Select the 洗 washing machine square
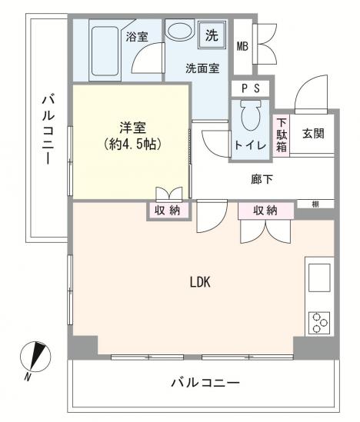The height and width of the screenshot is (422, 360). click(x=211, y=35)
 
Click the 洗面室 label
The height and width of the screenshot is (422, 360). click(x=202, y=68)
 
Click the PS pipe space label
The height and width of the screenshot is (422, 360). click(x=251, y=89)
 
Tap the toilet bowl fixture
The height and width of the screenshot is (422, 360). click(x=251, y=118)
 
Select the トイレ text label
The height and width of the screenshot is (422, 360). click(x=250, y=145)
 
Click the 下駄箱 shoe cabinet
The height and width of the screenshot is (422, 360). click(x=282, y=135)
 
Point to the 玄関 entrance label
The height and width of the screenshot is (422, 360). click(x=312, y=133)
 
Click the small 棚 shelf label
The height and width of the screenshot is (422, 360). click(x=316, y=204)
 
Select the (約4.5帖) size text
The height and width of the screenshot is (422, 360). click(x=132, y=144)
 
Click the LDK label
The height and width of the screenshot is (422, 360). click(x=200, y=281)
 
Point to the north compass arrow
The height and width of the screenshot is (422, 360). click(x=35, y=357)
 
